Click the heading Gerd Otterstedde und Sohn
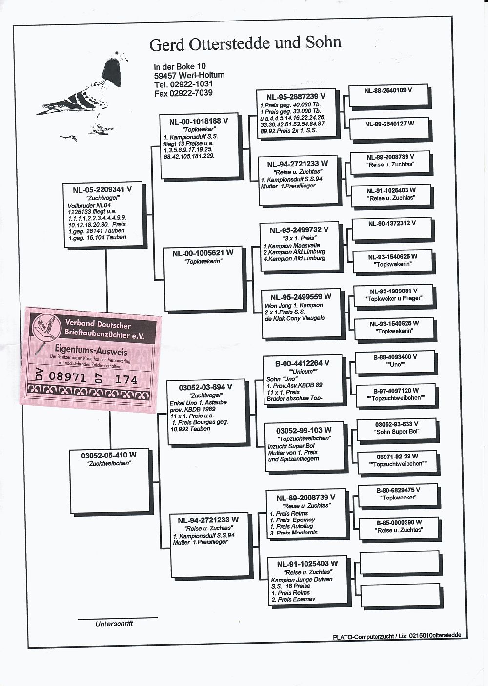(245, 43)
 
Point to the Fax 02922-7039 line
(183, 93)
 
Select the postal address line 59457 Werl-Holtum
(189, 75)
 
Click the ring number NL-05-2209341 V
(102, 189)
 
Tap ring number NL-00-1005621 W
(203, 253)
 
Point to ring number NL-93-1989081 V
(393, 291)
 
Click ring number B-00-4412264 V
(302, 363)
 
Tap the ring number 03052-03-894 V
(205, 387)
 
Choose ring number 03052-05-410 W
(109, 455)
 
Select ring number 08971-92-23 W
(397, 457)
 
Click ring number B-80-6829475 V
(398, 490)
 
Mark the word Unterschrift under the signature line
(114, 624)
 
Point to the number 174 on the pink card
(126, 379)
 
